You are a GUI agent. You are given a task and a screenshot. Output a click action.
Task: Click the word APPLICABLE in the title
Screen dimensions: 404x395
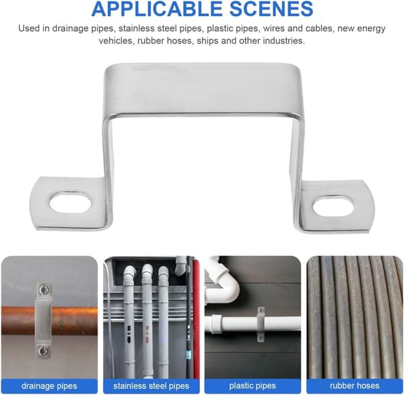pyautogui.click(x=157, y=9)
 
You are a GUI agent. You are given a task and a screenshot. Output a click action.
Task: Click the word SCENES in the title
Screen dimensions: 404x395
pyautogui.click(x=271, y=9)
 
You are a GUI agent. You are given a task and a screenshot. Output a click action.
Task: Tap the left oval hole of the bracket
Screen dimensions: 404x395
pyautogui.click(x=70, y=203)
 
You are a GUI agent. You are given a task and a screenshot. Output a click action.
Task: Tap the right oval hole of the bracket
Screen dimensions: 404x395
pyautogui.click(x=333, y=206)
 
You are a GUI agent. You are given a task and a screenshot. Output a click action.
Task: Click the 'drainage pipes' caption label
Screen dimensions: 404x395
pyautogui.click(x=49, y=386)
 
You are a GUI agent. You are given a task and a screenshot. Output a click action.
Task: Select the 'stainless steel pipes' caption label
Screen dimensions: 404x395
pyautogui.click(x=151, y=386)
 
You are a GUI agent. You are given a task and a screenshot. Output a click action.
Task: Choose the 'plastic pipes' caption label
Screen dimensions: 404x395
pyautogui.click(x=252, y=386)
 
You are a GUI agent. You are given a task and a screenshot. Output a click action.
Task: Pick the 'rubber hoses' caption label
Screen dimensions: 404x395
pyautogui.click(x=355, y=386)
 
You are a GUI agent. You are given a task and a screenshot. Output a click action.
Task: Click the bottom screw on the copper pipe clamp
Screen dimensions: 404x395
pyautogui.click(x=43, y=351)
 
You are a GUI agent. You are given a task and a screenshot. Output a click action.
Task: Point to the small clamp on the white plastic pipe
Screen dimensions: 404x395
pyautogui.click(x=261, y=324)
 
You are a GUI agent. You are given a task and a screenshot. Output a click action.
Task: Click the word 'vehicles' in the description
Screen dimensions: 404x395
pyautogui.click(x=116, y=40)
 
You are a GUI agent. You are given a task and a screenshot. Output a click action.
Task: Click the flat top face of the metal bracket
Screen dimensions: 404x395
pyautogui.click(x=203, y=89)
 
